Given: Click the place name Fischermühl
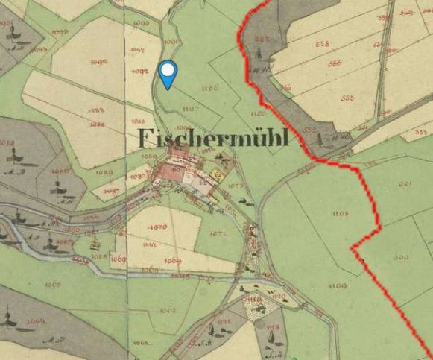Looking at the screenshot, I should [212, 139].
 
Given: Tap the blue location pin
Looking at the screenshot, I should [168, 75].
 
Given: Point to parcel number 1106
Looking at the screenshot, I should [209, 89].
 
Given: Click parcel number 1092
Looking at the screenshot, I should [139, 72].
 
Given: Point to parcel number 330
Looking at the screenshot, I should [401, 257].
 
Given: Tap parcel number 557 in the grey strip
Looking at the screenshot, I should [262, 39].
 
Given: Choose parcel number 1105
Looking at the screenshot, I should [258, 113].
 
